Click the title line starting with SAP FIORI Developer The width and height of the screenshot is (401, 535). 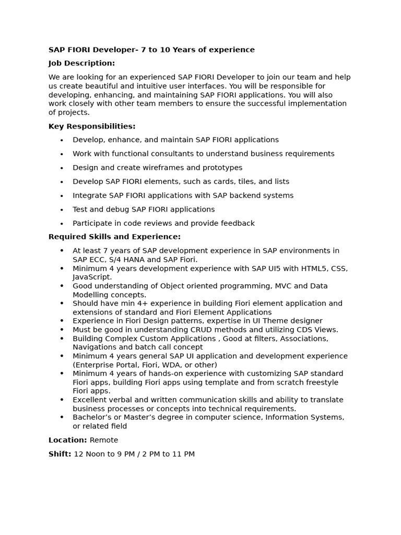pyautogui.click(x=151, y=50)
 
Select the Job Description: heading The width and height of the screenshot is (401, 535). pyautogui.click(x=81, y=63)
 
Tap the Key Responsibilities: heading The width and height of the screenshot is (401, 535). pyautogui.click(x=92, y=126)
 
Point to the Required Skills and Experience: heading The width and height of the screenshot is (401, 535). pyautogui.click(x=114, y=237)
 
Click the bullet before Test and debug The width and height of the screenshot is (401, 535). pyautogui.click(x=62, y=210)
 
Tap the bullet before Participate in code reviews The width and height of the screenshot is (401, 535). pyautogui.click(x=62, y=224)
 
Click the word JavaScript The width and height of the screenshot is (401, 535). pyautogui.click(x=92, y=277)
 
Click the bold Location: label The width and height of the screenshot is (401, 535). pyautogui.click(x=68, y=440)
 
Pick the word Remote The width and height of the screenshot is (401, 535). pyautogui.click(x=104, y=440)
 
